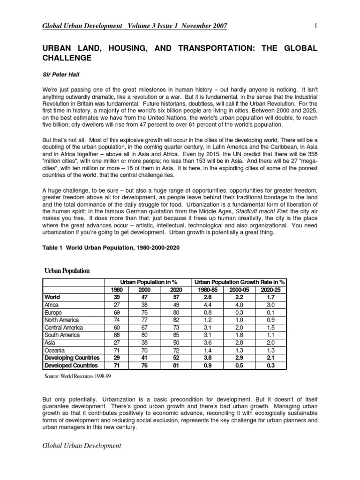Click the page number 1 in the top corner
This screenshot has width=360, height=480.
[316, 26]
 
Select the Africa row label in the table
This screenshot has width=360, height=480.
[52, 304]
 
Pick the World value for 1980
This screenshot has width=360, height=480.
[117, 297]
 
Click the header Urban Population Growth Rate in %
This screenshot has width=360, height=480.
[240, 282]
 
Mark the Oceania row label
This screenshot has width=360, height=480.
[54, 350]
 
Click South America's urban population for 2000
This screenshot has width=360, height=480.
[147, 335]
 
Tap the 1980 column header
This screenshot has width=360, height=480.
[117, 289]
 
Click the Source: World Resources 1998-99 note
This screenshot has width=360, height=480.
[78, 376]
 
